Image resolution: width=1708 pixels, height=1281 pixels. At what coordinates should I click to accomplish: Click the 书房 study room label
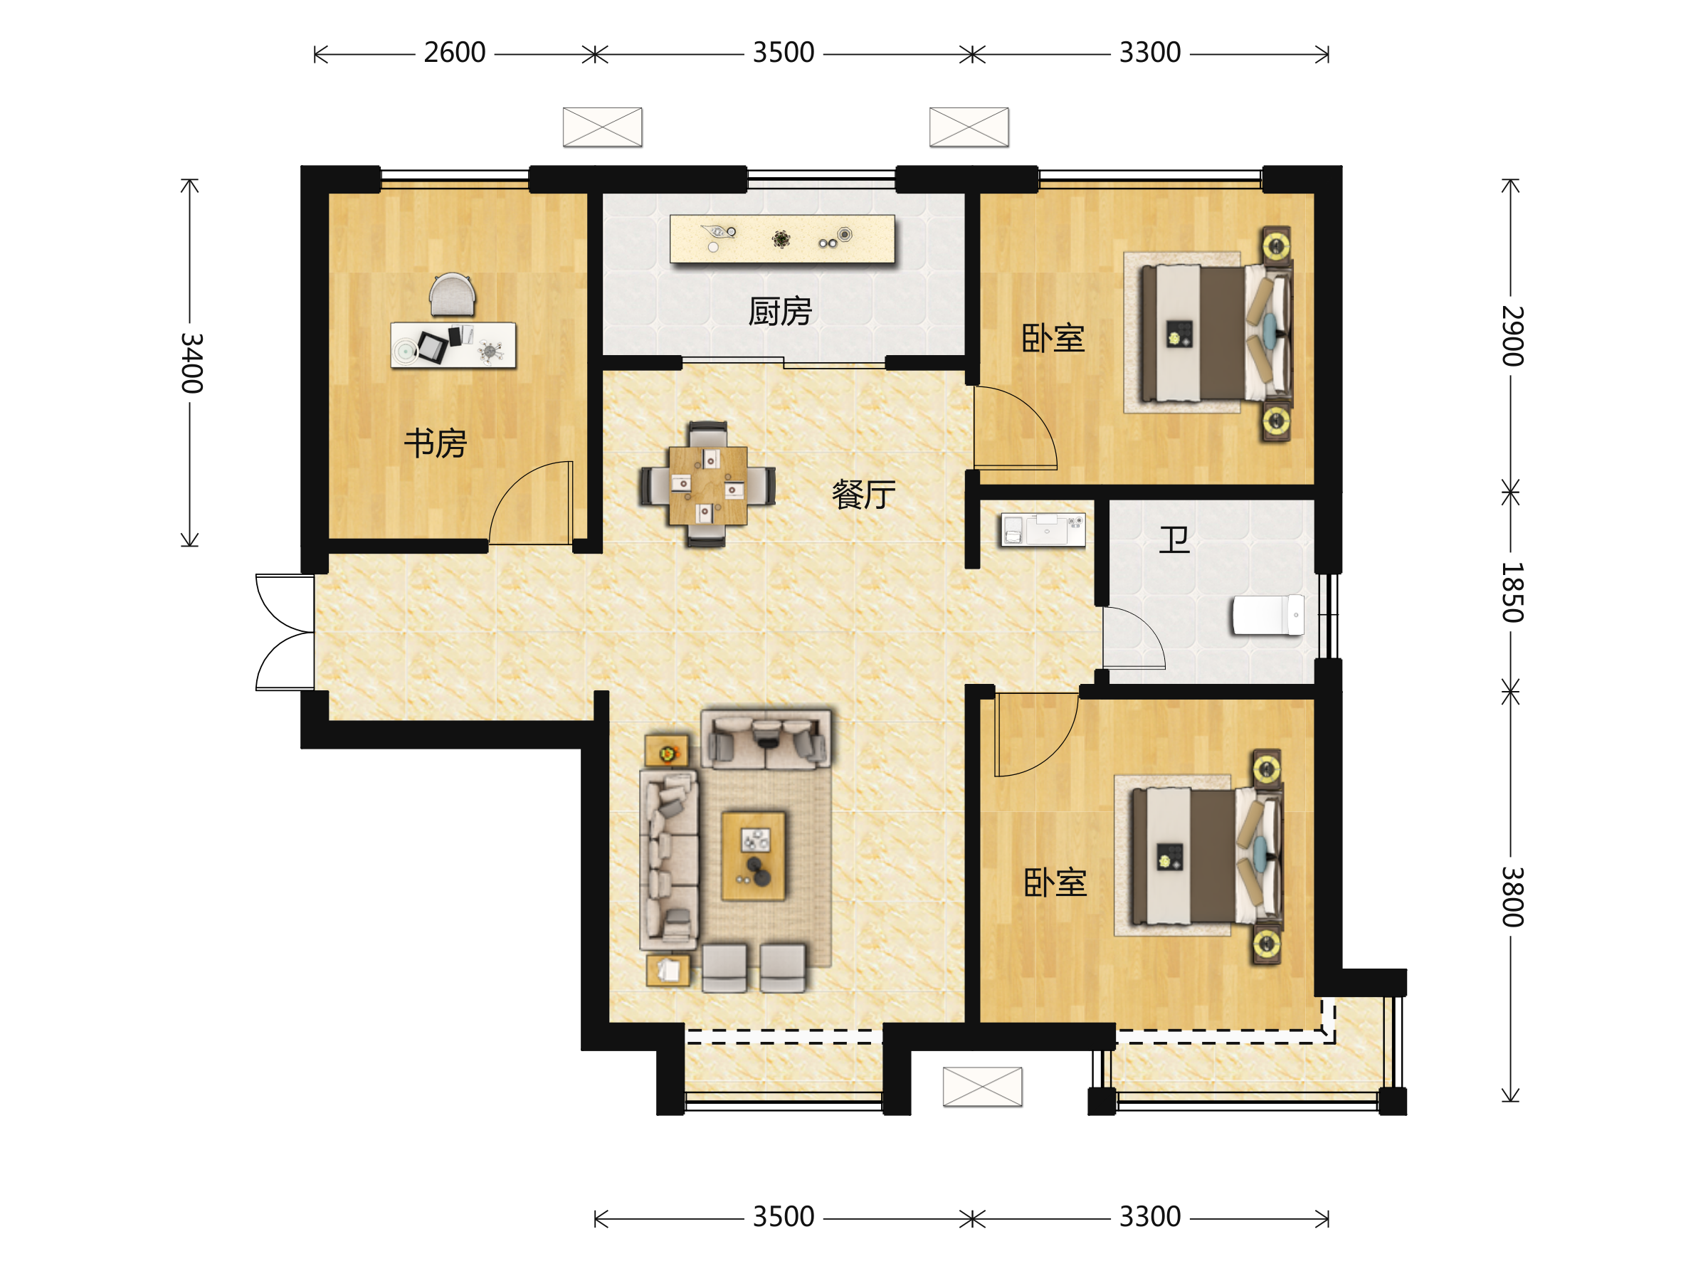436,443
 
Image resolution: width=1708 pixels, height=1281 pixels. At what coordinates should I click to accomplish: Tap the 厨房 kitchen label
780,311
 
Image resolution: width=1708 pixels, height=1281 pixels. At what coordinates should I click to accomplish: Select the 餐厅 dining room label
863,494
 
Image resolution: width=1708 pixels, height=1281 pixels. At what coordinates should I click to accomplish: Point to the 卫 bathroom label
1174,539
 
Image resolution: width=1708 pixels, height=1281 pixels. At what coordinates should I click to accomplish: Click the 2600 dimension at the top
454,53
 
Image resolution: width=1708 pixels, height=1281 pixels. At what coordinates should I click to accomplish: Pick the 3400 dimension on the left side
191,363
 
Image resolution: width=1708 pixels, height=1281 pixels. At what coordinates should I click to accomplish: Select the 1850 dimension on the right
1512,592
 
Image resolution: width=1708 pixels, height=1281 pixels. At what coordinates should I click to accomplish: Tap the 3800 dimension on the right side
1512,897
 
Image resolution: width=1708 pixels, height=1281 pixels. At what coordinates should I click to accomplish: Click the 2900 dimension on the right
1512,336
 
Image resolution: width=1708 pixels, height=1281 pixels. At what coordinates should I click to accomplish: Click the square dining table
708,485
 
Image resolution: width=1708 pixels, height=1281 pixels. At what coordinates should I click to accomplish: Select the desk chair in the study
453,295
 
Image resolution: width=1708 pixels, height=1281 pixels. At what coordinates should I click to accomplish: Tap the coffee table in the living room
753,856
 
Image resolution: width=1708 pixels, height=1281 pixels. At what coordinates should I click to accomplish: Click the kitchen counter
782,239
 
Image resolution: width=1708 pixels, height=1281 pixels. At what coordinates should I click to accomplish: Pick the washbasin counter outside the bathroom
1043,530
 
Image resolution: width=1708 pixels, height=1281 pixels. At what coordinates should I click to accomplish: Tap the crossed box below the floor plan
982,1087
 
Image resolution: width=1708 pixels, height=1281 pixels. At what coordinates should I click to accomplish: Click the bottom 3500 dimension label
783,1216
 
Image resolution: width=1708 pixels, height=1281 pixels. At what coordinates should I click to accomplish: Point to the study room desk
453,344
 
